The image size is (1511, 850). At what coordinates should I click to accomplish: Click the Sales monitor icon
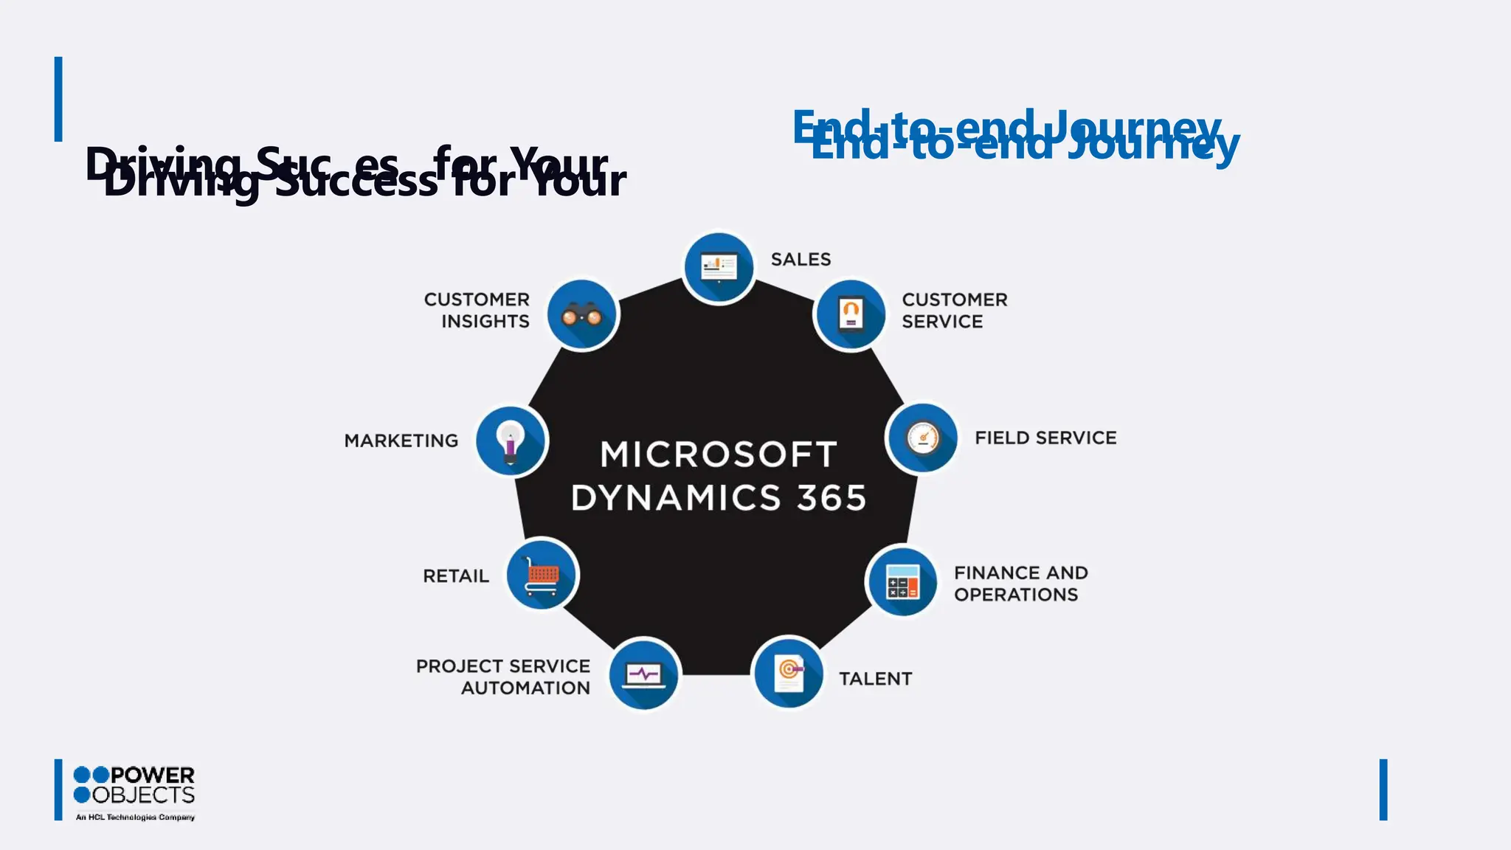pyautogui.click(x=719, y=267)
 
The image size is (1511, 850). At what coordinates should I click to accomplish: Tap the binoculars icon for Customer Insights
pyautogui.click(x=582, y=315)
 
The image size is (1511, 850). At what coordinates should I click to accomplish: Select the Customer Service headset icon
pyautogui.click(x=850, y=314)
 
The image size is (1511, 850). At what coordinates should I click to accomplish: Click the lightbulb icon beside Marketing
pyautogui.click(x=511, y=440)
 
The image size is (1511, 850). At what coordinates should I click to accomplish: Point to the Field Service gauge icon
pyautogui.click(x=922, y=438)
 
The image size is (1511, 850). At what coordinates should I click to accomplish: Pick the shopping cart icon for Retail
pyautogui.click(x=542, y=575)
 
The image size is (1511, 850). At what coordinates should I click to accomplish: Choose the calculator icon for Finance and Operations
pyautogui.click(x=902, y=581)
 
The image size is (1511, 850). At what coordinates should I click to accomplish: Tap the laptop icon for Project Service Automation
pyautogui.click(x=644, y=674)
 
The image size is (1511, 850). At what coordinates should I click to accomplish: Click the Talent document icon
pyautogui.click(x=789, y=672)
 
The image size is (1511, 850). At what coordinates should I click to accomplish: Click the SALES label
pyautogui.click(x=801, y=260)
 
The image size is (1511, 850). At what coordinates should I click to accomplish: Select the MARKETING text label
pyautogui.click(x=401, y=441)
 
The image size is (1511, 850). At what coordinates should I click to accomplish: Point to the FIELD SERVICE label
pyautogui.click(x=1045, y=438)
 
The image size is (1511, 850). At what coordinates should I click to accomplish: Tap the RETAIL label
pyautogui.click(x=455, y=576)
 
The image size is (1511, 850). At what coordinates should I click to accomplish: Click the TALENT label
pyautogui.click(x=875, y=679)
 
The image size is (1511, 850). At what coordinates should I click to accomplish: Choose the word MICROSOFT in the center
pyautogui.click(x=719, y=455)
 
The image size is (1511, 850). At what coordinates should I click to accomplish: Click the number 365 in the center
pyautogui.click(x=831, y=498)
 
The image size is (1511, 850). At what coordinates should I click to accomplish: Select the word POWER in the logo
pyautogui.click(x=153, y=775)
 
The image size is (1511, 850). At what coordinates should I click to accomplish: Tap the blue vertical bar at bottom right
pyautogui.click(x=1383, y=789)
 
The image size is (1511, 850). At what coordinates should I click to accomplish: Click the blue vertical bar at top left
pyautogui.click(x=58, y=99)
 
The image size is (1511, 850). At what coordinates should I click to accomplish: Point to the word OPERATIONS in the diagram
pyautogui.click(x=1015, y=595)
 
